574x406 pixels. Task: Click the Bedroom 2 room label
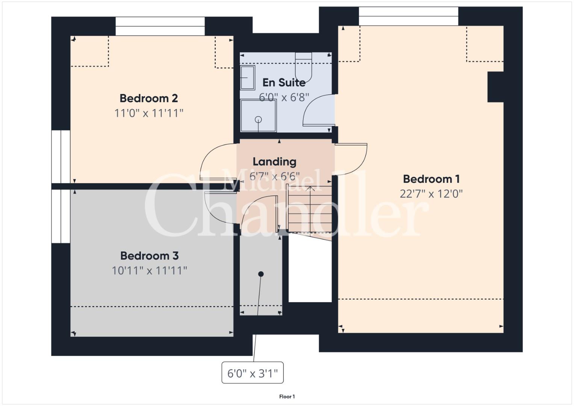(148, 98)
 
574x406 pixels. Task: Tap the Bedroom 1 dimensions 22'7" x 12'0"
(431, 194)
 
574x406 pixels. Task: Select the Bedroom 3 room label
(149, 256)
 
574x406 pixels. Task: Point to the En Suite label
(284, 83)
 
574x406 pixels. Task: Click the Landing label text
(274, 162)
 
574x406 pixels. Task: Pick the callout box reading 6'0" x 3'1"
(252, 373)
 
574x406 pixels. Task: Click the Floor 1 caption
(287, 397)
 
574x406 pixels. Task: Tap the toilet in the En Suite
(303, 67)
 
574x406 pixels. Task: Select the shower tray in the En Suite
(258, 116)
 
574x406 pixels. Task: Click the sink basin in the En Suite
(248, 78)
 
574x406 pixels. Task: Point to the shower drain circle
(258, 120)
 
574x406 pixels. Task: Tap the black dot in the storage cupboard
(261, 274)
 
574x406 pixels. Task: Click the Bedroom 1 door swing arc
(362, 164)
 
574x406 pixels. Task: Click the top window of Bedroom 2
(160, 26)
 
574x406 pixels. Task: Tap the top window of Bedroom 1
(409, 16)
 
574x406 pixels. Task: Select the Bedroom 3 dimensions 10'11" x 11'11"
(149, 271)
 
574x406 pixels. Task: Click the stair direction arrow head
(310, 189)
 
